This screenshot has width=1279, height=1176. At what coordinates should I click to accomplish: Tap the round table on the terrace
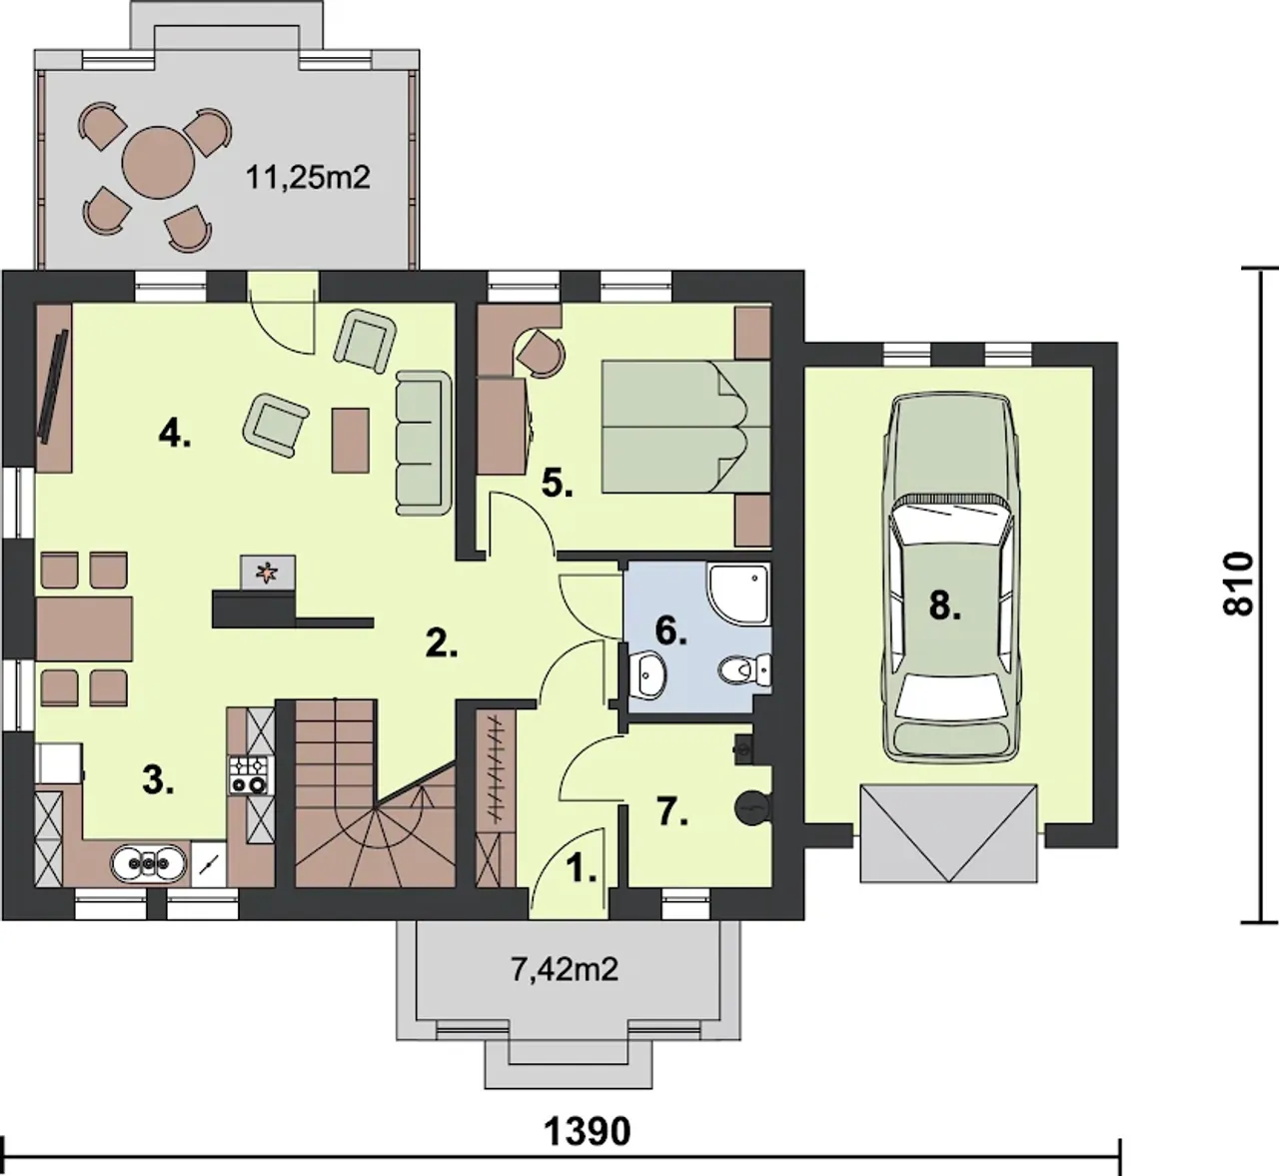point(158,162)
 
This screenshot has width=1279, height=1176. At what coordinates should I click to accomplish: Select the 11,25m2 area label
point(308,177)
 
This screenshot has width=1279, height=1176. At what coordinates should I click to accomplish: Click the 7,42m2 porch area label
point(565,969)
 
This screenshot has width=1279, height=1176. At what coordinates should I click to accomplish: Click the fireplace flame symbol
point(265,573)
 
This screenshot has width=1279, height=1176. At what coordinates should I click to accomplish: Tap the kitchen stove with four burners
point(249,774)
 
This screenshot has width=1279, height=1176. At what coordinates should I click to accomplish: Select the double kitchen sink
point(149,863)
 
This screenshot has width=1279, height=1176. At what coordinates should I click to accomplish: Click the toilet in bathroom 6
point(744,669)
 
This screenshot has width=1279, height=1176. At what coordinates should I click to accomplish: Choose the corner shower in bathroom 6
point(738,591)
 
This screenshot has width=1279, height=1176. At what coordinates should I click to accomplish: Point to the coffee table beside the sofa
point(350,440)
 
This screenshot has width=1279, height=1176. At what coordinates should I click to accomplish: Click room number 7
point(672,812)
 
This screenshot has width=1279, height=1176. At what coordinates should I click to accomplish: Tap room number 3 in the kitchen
point(158,779)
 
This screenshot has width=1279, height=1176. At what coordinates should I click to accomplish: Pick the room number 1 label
point(581,868)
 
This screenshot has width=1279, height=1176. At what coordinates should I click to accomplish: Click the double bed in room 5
point(686,427)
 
